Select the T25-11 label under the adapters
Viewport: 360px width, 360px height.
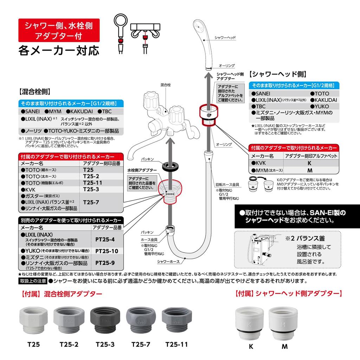176,345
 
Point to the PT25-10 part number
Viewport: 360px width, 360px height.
107,251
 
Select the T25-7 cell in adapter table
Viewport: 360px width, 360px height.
91,202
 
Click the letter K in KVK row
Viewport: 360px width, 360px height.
310,163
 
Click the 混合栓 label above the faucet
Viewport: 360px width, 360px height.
165,85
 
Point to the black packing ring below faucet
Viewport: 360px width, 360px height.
169,165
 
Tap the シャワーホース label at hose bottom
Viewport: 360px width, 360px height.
168,261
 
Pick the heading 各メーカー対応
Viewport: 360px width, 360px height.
59,50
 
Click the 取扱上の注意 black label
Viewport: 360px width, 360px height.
33,281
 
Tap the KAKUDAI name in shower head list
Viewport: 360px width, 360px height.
323,100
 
